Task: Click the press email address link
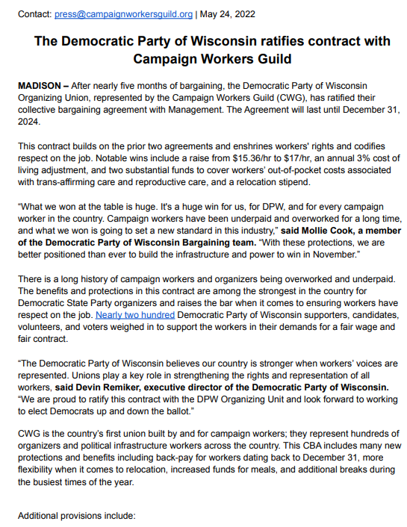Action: pyautogui.click(x=124, y=13)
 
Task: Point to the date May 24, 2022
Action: pyautogui.click(x=229, y=13)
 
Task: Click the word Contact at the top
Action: pyautogui.click(x=34, y=13)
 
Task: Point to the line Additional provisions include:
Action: pyautogui.click(x=76, y=517)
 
